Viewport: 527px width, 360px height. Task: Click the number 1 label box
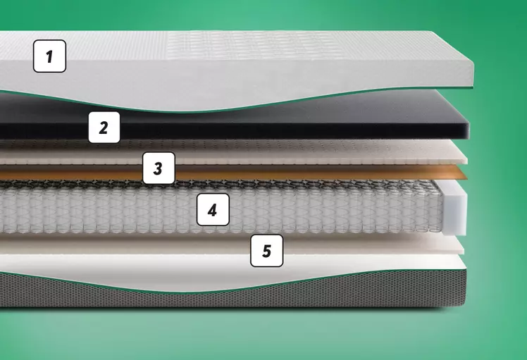point(49,56)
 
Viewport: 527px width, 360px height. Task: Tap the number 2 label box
point(104,128)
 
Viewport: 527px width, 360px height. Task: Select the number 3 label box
point(159,168)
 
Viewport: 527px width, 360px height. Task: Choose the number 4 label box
point(213,209)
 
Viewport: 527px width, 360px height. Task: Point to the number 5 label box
point(266,251)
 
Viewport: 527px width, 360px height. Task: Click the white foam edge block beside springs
point(454,209)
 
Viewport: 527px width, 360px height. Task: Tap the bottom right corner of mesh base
point(466,305)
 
